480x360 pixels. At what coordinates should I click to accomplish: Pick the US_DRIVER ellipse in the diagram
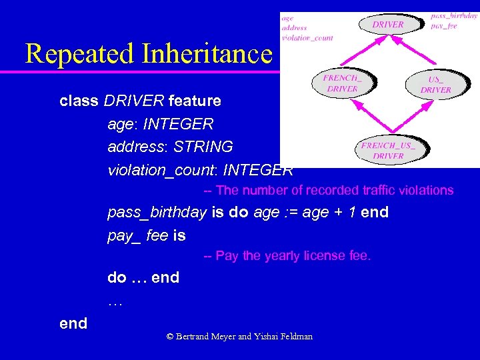(435, 85)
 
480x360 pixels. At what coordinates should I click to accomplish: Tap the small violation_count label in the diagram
(307, 38)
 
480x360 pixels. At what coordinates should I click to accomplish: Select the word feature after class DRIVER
(195, 101)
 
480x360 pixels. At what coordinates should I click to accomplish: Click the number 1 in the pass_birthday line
(352, 213)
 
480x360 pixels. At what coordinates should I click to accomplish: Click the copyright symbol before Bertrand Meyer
(170, 337)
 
